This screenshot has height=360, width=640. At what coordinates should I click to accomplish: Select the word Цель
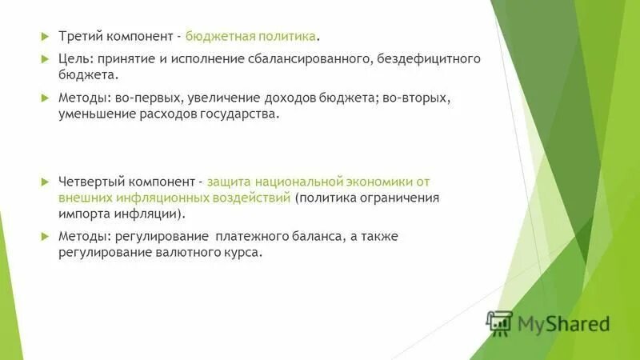pos(74,58)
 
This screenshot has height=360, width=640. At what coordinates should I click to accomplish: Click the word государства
pos(241,114)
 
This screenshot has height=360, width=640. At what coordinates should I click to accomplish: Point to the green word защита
pos(231,181)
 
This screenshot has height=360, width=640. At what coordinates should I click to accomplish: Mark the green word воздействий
pos(249,197)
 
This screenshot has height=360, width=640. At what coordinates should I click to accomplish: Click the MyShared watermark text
pos(563,323)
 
